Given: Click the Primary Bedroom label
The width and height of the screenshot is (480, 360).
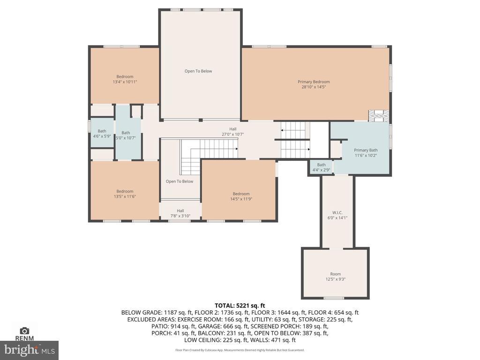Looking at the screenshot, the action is tap(314, 82).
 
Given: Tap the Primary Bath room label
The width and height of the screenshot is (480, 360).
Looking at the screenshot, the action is tap(366, 150).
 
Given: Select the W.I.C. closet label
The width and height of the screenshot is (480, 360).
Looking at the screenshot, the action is tap(337, 212).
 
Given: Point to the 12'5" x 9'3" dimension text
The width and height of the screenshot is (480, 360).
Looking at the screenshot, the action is tap(336, 279).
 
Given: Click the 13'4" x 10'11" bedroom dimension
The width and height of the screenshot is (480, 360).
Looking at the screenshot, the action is tap(125, 82).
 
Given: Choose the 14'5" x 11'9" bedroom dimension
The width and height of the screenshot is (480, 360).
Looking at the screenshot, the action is tap(241, 199).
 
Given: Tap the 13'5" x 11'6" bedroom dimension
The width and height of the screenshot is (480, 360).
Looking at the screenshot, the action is tap(125, 196).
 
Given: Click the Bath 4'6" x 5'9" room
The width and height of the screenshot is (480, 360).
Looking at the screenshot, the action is tap(102, 134).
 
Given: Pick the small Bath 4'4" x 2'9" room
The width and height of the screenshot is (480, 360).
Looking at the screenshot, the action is tap(321, 167).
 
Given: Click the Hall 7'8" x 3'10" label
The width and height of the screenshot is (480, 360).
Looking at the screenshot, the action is tap(180, 213).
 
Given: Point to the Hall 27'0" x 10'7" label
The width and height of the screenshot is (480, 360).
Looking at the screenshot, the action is tap(232, 132).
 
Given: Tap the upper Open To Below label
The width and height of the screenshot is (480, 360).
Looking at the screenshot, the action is tap(198, 71).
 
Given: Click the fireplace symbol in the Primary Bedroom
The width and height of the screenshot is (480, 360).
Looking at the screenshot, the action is tap(379, 116).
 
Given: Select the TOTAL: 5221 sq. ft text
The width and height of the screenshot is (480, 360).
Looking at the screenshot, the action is tap(240, 306).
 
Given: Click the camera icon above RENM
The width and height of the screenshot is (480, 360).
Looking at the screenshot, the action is tap(24, 330).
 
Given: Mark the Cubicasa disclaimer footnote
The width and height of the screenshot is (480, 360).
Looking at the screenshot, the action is tap(240, 350).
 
